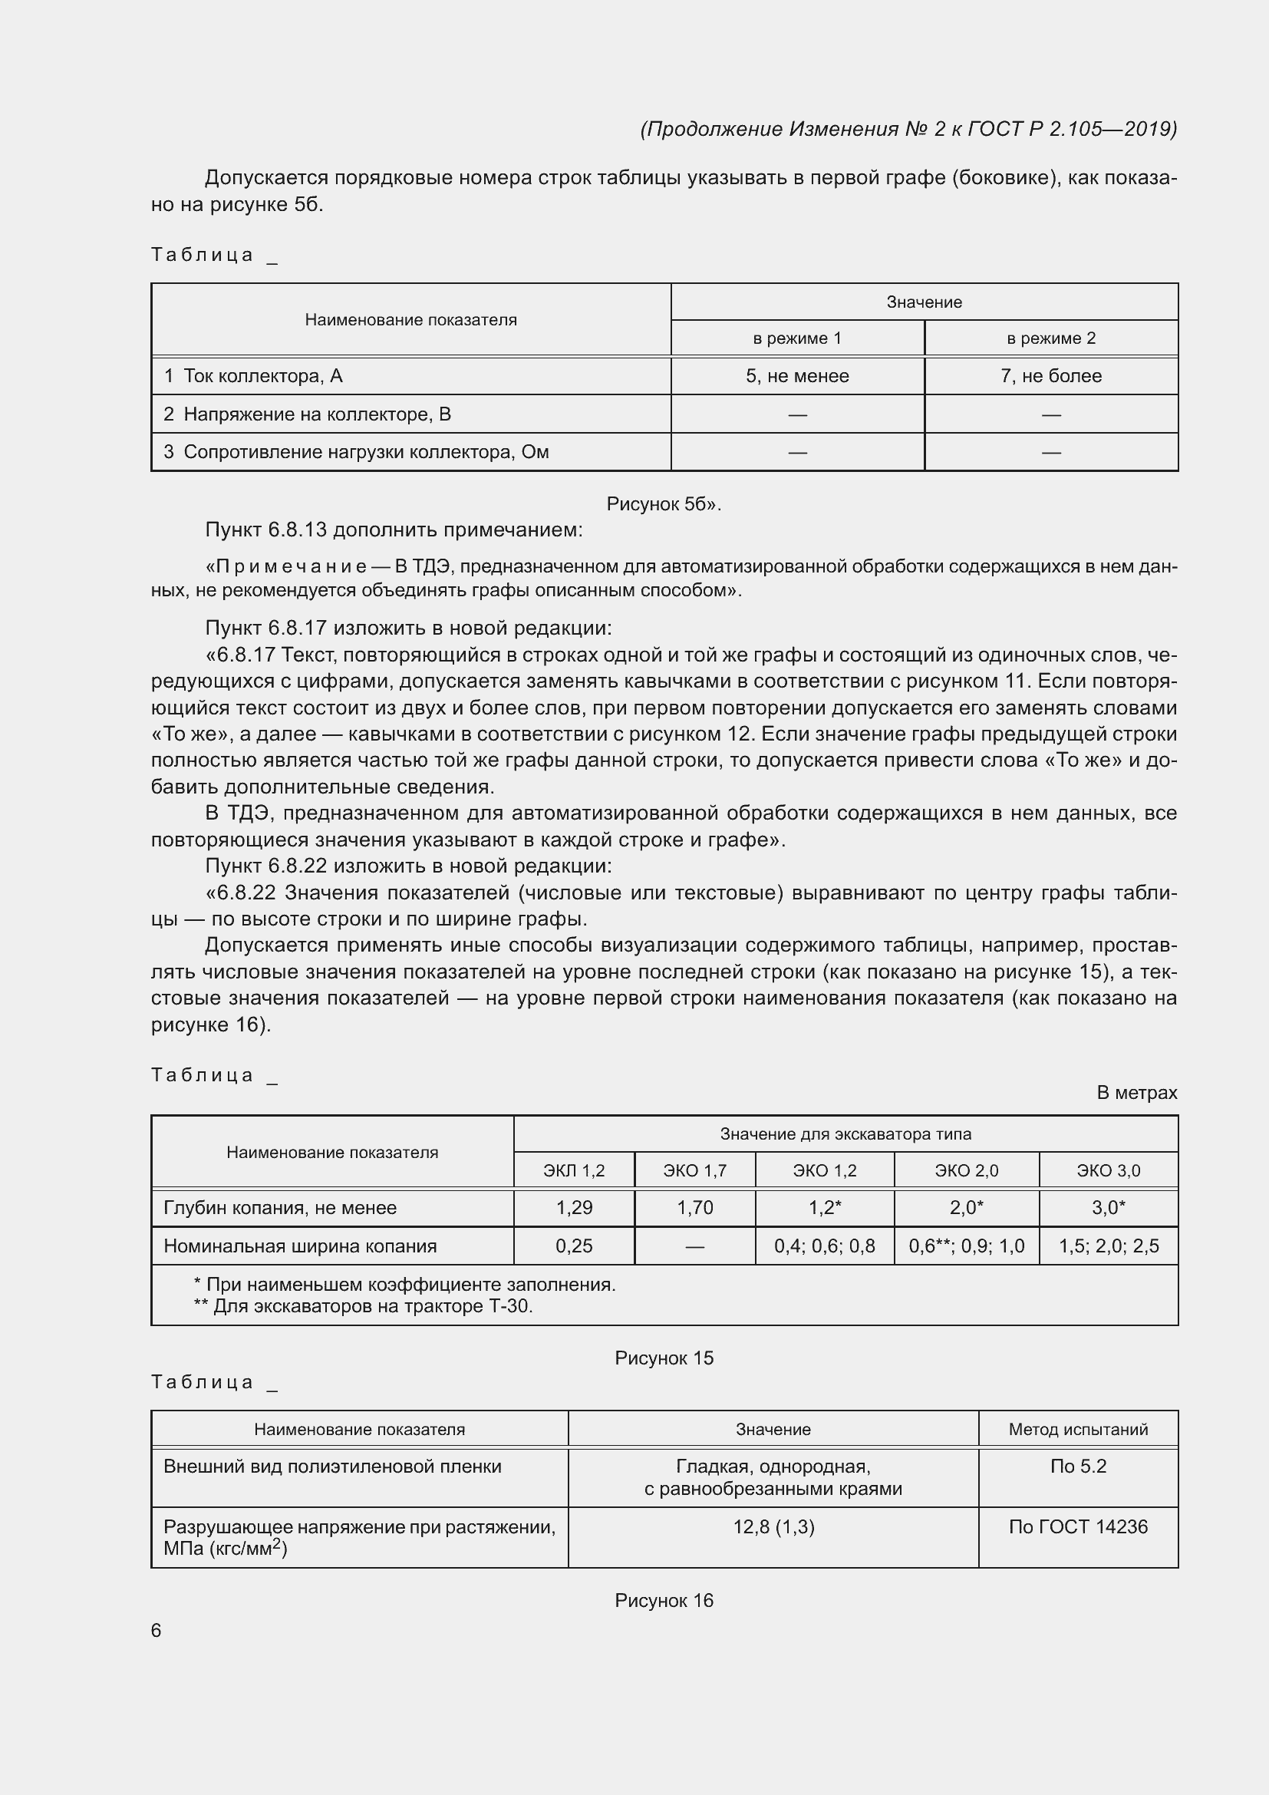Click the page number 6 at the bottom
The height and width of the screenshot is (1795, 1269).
click(x=157, y=1630)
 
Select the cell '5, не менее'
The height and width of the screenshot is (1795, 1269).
click(x=797, y=376)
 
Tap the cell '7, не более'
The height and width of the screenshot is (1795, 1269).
click(x=1051, y=376)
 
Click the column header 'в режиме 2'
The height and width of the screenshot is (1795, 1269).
click(x=1051, y=338)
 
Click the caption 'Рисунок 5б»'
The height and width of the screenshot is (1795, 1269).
click(x=664, y=504)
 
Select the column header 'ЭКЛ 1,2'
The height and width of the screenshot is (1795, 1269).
click(x=574, y=1170)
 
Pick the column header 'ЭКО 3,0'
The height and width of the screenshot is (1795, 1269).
click(x=1108, y=1170)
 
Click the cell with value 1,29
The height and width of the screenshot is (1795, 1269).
click(x=574, y=1208)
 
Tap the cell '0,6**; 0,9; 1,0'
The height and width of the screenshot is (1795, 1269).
click(x=967, y=1246)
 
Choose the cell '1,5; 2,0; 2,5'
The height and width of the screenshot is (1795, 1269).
click(x=1108, y=1246)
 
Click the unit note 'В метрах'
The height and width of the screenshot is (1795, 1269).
click(x=1136, y=1093)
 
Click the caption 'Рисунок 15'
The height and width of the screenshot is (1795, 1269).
click(x=664, y=1358)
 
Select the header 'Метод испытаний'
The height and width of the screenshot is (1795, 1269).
click(x=1077, y=1429)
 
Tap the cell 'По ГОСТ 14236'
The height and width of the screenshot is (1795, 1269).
click(x=1077, y=1527)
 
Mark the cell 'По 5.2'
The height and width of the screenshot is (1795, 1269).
click(x=1077, y=1467)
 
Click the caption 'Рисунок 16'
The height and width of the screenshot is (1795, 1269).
click(x=664, y=1600)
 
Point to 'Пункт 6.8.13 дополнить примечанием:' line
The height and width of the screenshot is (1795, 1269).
click(x=394, y=530)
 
